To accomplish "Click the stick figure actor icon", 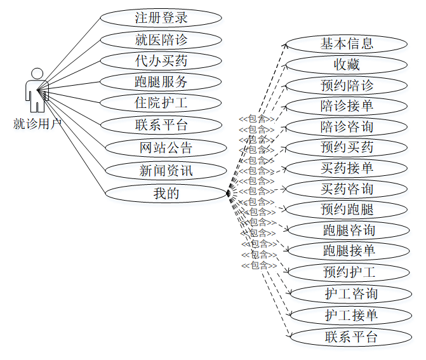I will coord(37,90).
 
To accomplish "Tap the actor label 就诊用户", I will coord(37,124).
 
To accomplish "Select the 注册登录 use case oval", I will coord(161,17).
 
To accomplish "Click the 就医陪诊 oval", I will coord(161,39).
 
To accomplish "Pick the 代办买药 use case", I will coord(161,61).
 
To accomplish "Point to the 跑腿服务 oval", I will coord(161,82).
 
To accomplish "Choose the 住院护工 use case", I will coord(161,103).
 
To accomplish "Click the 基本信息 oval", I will coord(347,44).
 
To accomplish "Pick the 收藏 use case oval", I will coord(347,64).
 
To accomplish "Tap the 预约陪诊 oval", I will coord(347,85).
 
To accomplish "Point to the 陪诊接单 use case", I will coord(347,105).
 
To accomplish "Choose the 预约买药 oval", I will coord(347,147).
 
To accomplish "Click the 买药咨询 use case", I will coord(347,189).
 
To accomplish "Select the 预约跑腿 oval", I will coord(347,210).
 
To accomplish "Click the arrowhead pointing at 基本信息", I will coord(286,46).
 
